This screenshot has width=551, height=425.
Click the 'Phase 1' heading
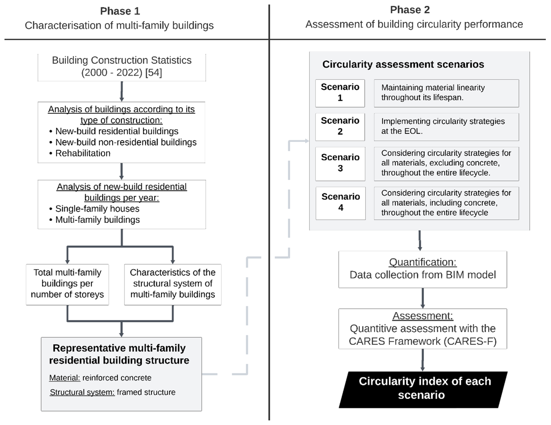pos(120,11)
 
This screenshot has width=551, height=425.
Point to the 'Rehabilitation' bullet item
pos(83,153)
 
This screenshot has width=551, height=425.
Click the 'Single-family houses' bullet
pos(97,209)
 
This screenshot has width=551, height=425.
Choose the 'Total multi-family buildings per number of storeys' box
pos(67,284)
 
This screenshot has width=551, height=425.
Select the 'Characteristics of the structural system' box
pos(172,284)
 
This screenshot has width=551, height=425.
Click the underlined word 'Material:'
pos(65,378)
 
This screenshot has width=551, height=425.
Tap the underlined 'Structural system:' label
pos(82,392)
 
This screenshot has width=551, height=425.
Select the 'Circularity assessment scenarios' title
pos(403,64)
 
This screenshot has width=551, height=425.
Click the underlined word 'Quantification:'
pos(423,262)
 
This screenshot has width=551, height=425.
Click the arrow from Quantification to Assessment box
pos(423,298)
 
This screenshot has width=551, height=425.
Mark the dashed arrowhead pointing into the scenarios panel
pos(307,141)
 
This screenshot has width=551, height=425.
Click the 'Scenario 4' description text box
pos(446,203)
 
